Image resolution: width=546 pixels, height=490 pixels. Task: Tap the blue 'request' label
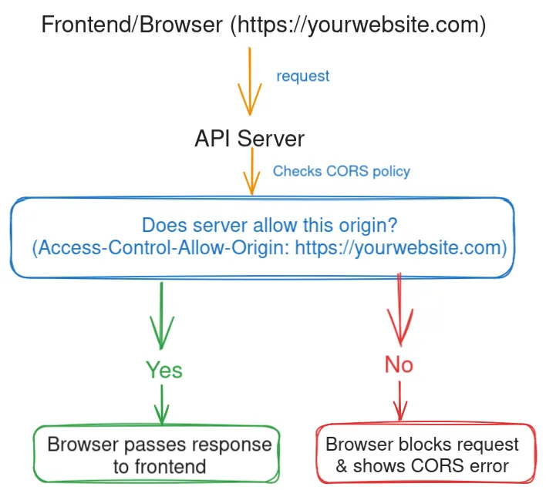point(302,76)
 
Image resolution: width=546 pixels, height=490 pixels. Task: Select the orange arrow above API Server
point(249,81)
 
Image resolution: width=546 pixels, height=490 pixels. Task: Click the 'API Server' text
point(249,139)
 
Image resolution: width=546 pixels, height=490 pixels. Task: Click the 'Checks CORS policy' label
point(341,171)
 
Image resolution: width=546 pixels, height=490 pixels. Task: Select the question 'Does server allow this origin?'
point(269,226)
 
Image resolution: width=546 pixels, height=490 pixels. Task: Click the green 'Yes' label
point(164,370)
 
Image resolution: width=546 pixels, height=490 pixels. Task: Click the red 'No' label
point(399,364)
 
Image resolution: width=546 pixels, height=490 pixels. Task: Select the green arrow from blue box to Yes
point(162,316)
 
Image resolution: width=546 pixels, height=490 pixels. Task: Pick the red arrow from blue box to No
point(399,308)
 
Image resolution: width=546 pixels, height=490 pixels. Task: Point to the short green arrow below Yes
point(162,403)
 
